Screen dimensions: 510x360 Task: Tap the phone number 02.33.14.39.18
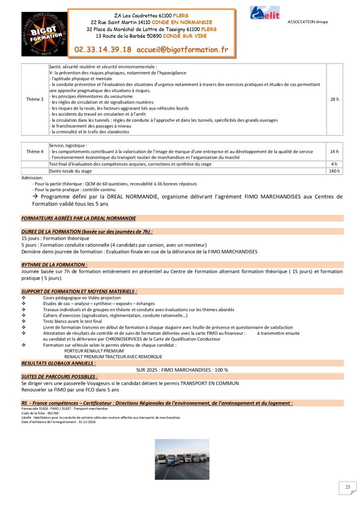(x=103, y=49)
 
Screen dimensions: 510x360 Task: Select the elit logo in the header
(x=265, y=13)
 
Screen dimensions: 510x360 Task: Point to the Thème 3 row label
(x=35, y=99)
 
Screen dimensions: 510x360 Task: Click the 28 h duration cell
(x=335, y=99)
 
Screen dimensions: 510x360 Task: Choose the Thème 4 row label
(x=35, y=152)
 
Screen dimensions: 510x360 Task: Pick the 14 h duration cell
(x=335, y=152)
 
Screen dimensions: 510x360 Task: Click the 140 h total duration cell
(x=335, y=171)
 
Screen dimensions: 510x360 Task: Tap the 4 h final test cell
(x=335, y=164)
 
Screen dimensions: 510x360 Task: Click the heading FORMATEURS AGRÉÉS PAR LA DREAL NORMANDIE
(x=78, y=219)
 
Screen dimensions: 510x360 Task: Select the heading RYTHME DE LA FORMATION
(x=54, y=265)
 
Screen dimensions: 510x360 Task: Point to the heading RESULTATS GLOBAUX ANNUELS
(x=59, y=363)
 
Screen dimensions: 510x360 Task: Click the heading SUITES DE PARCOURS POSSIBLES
(x=59, y=377)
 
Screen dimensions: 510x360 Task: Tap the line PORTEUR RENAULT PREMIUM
(x=94, y=351)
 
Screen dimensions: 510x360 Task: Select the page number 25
(x=348, y=487)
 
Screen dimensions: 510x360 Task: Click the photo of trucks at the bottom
(x=182, y=459)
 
